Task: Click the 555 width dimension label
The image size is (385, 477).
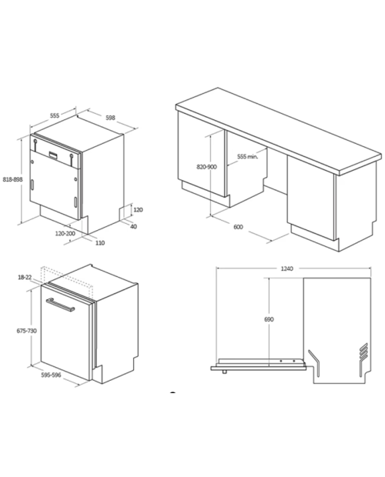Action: click(x=55, y=115)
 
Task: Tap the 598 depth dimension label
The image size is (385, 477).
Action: click(x=110, y=118)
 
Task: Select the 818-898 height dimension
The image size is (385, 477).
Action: click(x=13, y=179)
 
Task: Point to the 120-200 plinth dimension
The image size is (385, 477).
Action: click(x=65, y=234)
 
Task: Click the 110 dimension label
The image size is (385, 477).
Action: click(x=100, y=243)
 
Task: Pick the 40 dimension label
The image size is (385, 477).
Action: click(x=133, y=227)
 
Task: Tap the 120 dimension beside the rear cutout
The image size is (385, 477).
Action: click(x=138, y=209)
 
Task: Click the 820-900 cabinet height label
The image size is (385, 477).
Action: click(x=206, y=167)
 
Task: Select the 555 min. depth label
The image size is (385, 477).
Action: click(x=247, y=157)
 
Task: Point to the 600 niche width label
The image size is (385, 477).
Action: click(x=238, y=227)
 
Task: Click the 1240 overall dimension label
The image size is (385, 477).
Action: click(x=286, y=269)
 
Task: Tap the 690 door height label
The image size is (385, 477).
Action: click(x=269, y=319)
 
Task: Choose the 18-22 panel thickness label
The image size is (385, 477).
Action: click(x=25, y=277)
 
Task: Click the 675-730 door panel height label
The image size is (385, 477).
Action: click(x=26, y=331)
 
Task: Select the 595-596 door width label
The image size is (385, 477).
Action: click(x=51, y=375)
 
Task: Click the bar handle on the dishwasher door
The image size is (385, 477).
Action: click(x=60, y=305)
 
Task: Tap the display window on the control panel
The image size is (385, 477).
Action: click(x=55, y=155)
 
